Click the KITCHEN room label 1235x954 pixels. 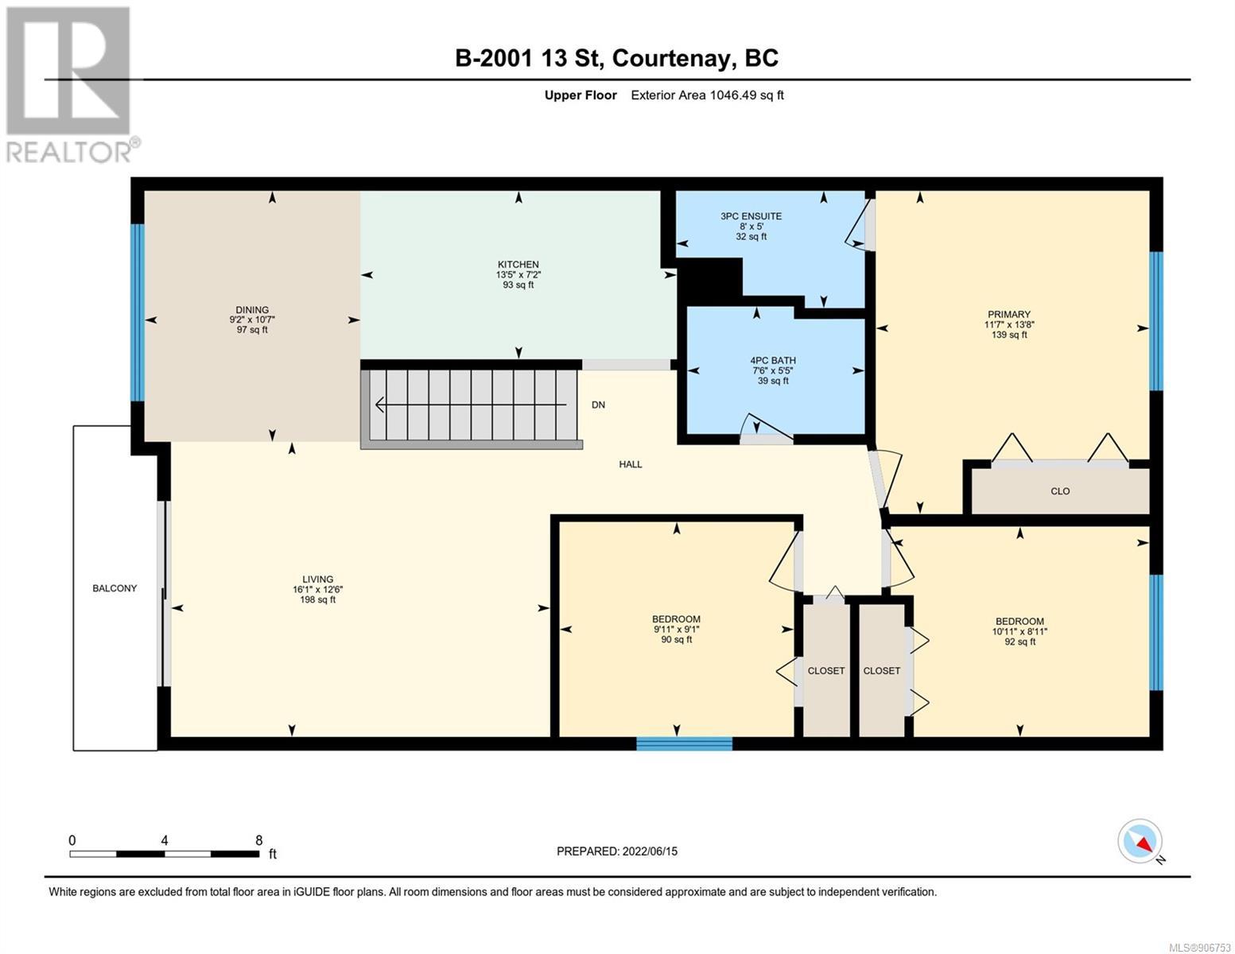[x=518, y=264]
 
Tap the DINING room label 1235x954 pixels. [x=252, y=310]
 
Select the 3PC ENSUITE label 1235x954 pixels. [x=751, y=216]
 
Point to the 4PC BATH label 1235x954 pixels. [x=772, y=360]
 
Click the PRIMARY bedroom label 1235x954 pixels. [x=1009, y=314]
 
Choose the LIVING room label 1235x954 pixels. [x=318, y=580]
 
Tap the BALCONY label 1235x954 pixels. [x=115, y=588]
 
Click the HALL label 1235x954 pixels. [x=631, y=464]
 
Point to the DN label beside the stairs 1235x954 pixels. [x=598, y=405]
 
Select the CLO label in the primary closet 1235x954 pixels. [x=1060, y=491]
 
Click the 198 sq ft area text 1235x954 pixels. [x=318, y=599]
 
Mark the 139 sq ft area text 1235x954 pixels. [x=1009, y=335]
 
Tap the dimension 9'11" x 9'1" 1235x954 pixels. [x=676, y=629]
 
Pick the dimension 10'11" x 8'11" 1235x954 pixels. [x=1019, y=631]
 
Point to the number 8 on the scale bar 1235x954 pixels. [x=258, y=840]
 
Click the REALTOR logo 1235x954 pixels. [x=71, y=85]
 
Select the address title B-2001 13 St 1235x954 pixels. [x=529, y=58]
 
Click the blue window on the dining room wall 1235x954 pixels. [x=138, y=312]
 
